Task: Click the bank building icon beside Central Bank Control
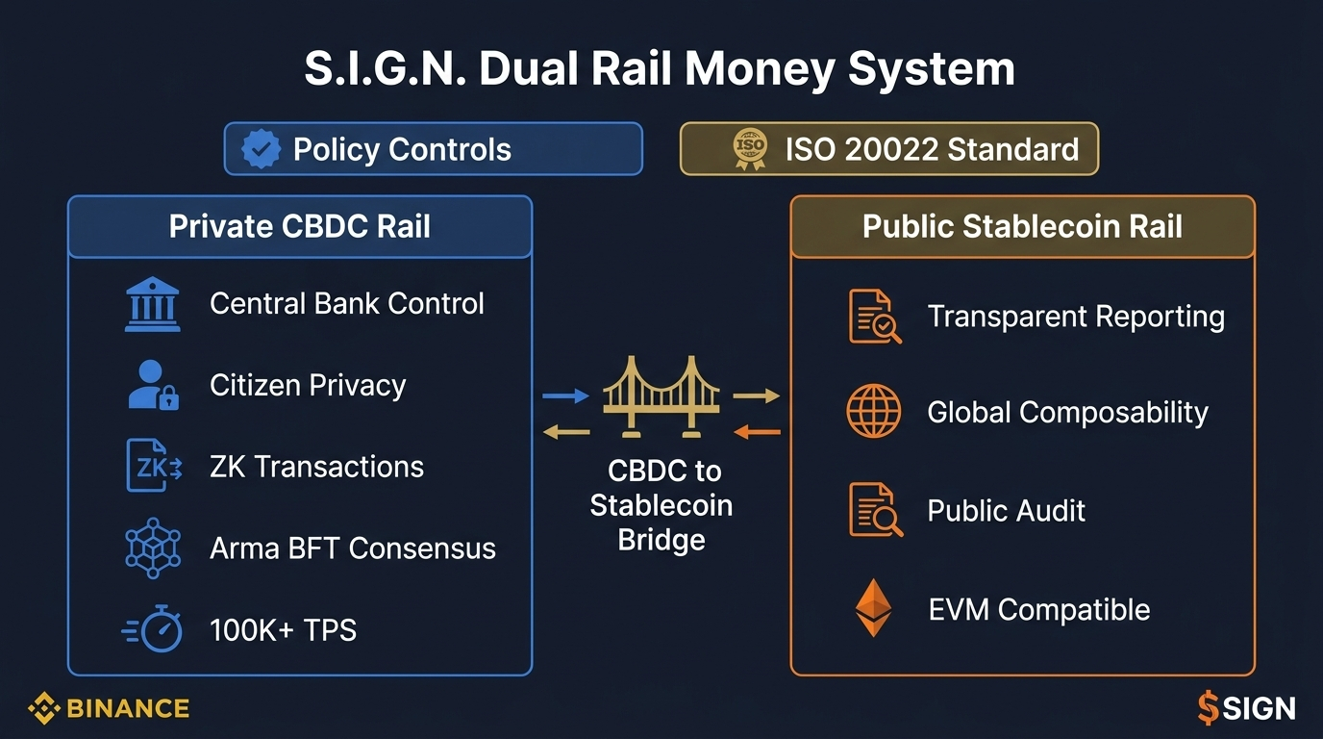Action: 152,305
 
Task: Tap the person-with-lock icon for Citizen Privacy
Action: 153,385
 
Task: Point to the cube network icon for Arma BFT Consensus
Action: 153,548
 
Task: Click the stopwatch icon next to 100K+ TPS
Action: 153,630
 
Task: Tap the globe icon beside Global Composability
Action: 873,412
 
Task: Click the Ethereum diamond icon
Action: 873,608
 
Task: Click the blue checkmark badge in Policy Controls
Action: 261,149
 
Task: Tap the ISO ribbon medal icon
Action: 750,149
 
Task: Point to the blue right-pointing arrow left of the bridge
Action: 565,395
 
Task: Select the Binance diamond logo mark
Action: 44,709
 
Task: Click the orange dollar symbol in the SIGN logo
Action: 1208,709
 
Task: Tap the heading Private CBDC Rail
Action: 299,227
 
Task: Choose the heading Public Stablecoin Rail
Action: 1022,227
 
